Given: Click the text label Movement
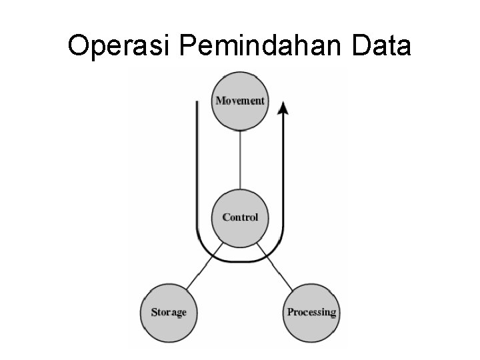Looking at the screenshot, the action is click(x=240, y=101).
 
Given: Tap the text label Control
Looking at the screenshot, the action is click(x=240, y=217).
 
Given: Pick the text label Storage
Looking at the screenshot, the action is click(x=169, y=312).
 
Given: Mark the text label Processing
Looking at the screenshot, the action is click(x=311, y=312).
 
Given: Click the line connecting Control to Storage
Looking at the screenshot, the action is click(x=201, y=269).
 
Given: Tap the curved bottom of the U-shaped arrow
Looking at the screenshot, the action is click(x=240, y=260).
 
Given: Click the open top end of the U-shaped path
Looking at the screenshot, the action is click(x=197, y=104).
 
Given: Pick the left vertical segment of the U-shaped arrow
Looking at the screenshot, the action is click(x=197, y=173).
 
